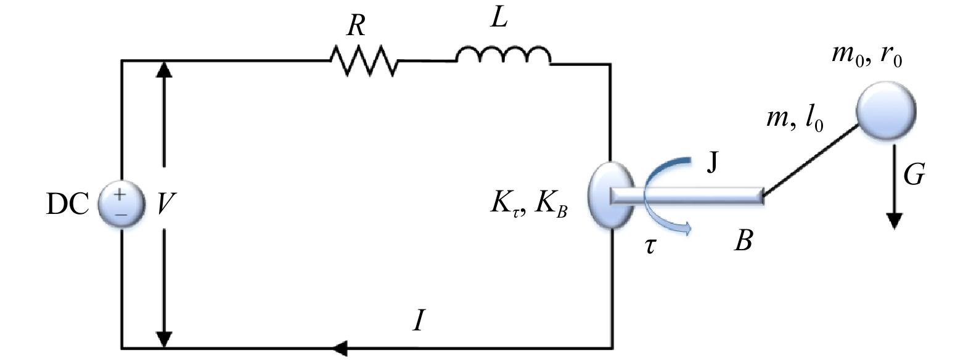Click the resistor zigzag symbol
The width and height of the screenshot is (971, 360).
point(364,60)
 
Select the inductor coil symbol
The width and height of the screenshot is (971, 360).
point(503,57)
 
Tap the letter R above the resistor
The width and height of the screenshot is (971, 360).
point(356,27)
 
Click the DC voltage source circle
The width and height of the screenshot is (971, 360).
point(121,204)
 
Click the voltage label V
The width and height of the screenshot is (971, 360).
point(163,204)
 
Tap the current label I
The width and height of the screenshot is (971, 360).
point(419,321)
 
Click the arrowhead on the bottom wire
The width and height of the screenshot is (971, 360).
point(340,348)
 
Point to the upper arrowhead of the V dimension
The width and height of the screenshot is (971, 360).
point(163,68)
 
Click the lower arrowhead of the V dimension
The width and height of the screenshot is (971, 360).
point(163,339)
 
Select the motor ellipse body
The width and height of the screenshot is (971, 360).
point(610,195)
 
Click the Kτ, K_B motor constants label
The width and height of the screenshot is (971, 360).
point(529,204)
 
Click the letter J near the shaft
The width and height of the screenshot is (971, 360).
point(713,164)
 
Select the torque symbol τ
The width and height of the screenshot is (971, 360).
point(650,247)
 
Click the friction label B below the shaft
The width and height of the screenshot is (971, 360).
point(744,241)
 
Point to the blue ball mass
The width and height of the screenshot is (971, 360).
point(885,112)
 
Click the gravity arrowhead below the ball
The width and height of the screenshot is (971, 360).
point(895,220)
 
